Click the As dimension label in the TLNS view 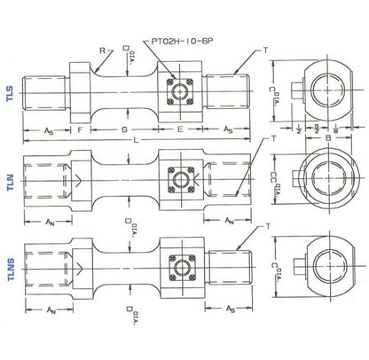click(x=230, y=310)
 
